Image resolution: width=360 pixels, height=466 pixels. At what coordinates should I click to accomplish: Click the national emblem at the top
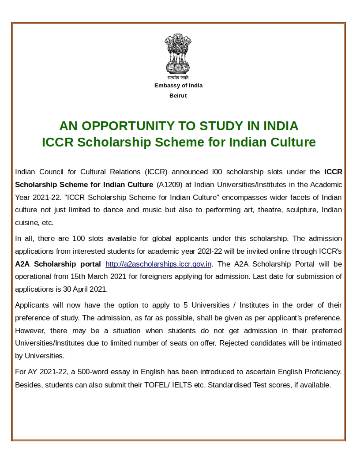[178, 55]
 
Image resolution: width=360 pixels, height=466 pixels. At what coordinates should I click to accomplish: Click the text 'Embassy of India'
[178, 86]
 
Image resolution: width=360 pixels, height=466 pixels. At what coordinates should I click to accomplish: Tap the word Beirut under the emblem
[178, 96]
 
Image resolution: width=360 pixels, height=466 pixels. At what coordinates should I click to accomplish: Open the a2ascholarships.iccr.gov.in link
[159, 264]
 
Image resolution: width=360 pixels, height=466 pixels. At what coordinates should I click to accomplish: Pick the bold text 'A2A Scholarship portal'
[57, 264]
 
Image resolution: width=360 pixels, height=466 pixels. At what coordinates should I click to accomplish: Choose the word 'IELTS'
[183, 385]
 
